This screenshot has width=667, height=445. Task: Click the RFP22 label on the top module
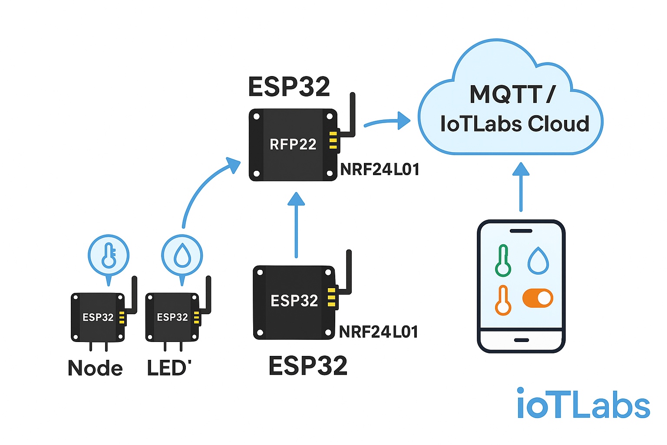[293, 144]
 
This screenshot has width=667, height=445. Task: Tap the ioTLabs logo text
[583, 404]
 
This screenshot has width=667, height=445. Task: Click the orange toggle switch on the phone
[538, 299]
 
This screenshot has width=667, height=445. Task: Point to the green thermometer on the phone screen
[503, 261]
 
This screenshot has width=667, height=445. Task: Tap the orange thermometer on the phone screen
[503, 301]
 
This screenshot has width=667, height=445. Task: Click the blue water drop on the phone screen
[538, 261]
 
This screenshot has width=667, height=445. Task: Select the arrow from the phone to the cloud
[521, 187]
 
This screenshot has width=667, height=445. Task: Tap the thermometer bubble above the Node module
[109, 256]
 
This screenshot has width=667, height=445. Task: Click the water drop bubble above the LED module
[182, 256]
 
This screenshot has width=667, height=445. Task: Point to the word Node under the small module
[95, 369]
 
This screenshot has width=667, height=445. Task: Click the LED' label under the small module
[169, 368]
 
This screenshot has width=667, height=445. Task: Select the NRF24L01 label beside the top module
[380, 169]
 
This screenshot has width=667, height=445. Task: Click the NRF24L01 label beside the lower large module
[378, 332]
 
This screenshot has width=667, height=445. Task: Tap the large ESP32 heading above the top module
[289, 87]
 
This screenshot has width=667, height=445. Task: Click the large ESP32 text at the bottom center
[308, 365]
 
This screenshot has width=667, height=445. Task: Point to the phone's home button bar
[521, 340]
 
